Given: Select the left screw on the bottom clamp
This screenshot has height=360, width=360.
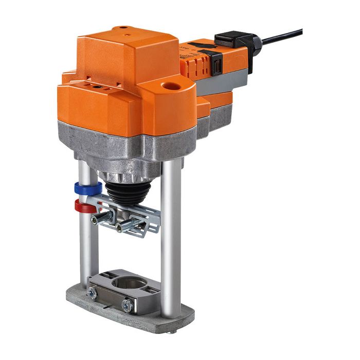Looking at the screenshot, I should pyautogui.click(x=93, y=294).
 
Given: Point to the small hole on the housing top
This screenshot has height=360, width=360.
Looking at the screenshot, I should pyautogui.click(x=122, y=29).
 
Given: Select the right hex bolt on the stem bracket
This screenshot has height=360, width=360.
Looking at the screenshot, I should pyautogui.click(x=122, y=226).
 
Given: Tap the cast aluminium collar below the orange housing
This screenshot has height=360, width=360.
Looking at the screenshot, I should pyautogui.click(x=129, y=144).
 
